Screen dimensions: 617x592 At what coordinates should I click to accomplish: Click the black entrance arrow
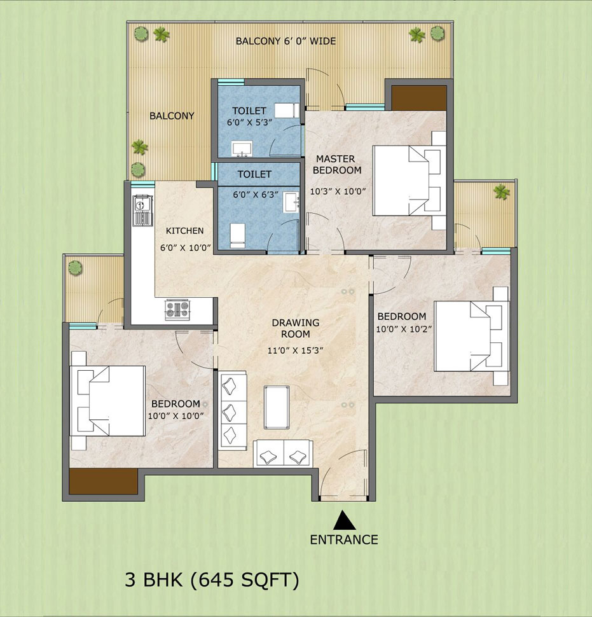click(344, 520)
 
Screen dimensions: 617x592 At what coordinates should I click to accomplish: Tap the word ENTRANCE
click(344, 540)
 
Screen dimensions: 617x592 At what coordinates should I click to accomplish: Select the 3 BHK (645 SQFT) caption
click(211, 580)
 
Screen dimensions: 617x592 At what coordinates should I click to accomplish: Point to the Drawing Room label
click(296, 328)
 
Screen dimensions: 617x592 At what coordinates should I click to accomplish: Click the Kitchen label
click(184, 230)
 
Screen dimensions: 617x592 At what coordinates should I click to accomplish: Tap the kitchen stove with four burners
click(178, 309)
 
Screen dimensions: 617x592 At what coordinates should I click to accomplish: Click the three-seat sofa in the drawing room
click(232, 412)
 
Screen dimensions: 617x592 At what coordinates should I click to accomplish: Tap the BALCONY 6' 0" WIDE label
click(286, 41)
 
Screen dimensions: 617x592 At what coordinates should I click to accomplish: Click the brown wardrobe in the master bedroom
click(418, 98)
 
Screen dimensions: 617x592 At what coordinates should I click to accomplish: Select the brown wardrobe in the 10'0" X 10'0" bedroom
click(103, 482)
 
